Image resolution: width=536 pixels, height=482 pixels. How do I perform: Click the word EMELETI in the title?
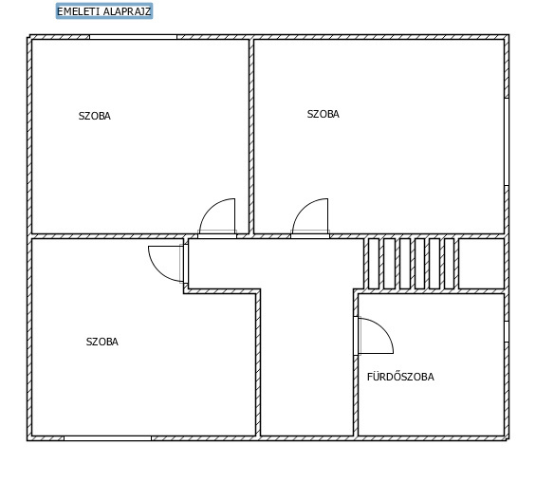click(x=79, y=11)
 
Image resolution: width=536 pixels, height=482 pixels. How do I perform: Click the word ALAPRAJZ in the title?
click(x=127, y=11)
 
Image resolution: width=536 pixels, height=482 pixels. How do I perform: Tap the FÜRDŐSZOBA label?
click(x=400, y=377)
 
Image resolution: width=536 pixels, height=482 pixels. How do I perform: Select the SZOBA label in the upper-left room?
click(x=95, y=116)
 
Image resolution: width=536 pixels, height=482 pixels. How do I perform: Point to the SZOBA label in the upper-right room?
click(x=323, y=114)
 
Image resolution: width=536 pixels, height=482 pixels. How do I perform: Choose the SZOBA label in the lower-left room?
click(x=102, y=342)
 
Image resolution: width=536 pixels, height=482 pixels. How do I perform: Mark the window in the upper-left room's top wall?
click(x=134, y=37)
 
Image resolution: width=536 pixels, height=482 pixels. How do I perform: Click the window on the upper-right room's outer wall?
click(x=507, y=142)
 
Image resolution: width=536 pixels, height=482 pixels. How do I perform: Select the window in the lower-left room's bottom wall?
click(x=108, y=438)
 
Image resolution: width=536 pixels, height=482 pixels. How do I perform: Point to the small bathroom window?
click(x=507, y=331)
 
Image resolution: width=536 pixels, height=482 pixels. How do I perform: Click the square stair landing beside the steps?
click(x=481, y=264)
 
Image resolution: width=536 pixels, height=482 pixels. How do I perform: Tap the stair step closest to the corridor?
click(x=374, y=264)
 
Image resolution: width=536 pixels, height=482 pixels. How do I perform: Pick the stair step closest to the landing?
click(x=449, y=264)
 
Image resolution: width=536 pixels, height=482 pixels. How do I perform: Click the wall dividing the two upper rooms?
click(x=251, y=137)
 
